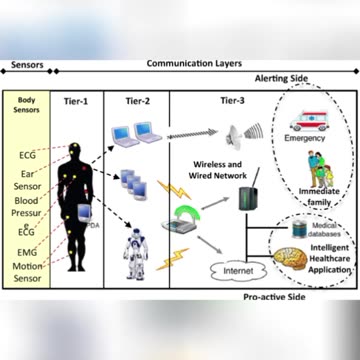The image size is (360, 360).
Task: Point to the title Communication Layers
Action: pyautogui.click(x=194, y=63)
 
